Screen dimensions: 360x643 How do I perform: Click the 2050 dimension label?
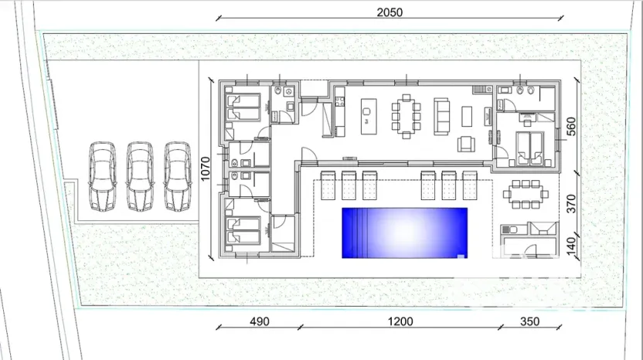pyautogui.click(x=390, y=12)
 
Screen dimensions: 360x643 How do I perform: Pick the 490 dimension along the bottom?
pyautogui.click(x=260, y=321)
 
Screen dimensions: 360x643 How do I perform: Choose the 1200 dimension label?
pyautogui.click(x=400, y=321)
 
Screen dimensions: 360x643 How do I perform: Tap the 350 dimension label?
pyautogui.click(x=530, y=321)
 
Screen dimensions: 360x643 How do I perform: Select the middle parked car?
pyautogui.click(x=140, y=175)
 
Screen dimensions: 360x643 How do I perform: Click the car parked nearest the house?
pyautogui.click(x=177, y=175)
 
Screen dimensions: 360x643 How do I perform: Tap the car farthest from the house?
pyautogui.click(x=103, y=175)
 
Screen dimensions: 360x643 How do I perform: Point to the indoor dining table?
pyautogui.click(x=406, y=115)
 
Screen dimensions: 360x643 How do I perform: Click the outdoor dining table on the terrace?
pyautogui.click(x=526, y=193)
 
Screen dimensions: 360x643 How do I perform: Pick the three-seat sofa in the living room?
pyautogui.click(x=442, y=116)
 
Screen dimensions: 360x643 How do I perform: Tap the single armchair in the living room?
pyautogui.click(x=467, y=144)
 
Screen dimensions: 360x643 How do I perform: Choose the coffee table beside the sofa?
pyautogui.click(x=467, y=116)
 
